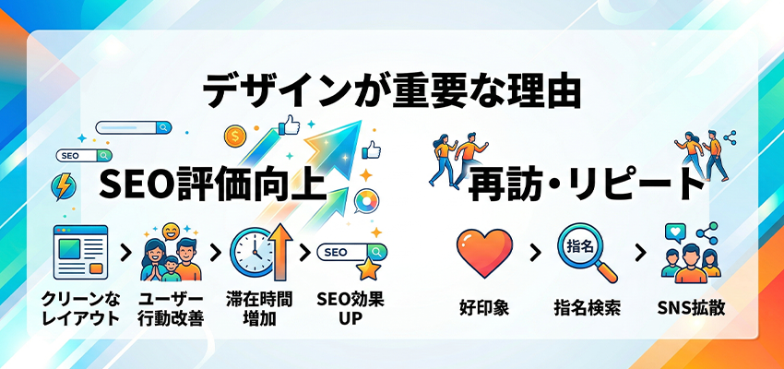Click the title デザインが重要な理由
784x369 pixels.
(x=392, y=93)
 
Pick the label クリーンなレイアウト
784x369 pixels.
(x=80, y=309)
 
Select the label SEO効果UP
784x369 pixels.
(x=349, y=309)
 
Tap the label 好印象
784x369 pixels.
(x=484, y=307)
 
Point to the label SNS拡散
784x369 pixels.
(x=691, y=307)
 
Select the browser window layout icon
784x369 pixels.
(x=80, y=253)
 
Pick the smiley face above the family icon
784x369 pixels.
(x=170, y=231)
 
